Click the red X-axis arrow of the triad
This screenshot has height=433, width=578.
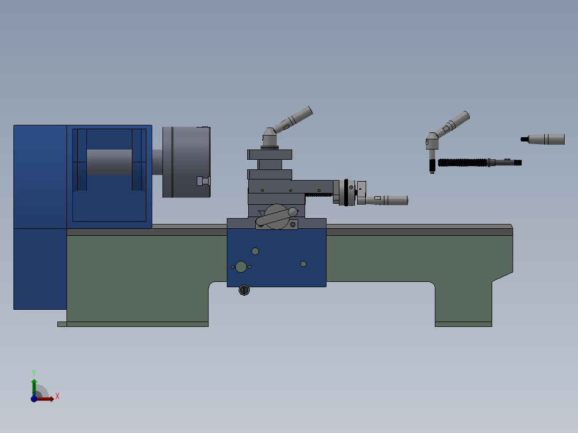46,399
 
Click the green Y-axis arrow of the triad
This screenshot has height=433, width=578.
34,386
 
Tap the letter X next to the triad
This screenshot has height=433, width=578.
57,397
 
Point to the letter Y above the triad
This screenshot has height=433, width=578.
33,372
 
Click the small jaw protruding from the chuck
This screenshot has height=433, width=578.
203,181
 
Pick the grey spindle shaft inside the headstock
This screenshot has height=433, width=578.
109,162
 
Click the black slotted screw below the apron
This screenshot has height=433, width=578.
244,290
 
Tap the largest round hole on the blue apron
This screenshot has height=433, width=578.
241,266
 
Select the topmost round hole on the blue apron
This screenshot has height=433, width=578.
255,251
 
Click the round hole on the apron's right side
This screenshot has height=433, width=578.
303,264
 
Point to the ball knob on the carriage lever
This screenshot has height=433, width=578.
293,212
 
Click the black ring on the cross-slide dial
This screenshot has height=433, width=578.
346,192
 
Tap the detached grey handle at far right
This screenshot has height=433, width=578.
544,139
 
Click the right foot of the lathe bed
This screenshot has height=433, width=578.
463,324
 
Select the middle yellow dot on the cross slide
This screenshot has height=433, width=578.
291,191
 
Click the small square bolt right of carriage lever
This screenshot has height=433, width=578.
293,225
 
